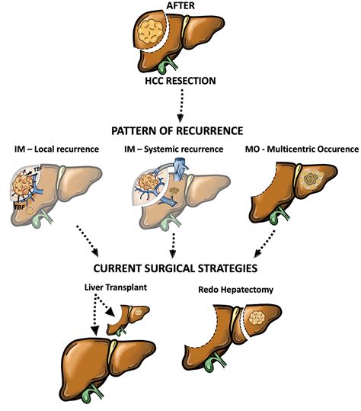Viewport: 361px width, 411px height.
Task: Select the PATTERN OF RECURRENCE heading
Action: click(180, 130)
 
